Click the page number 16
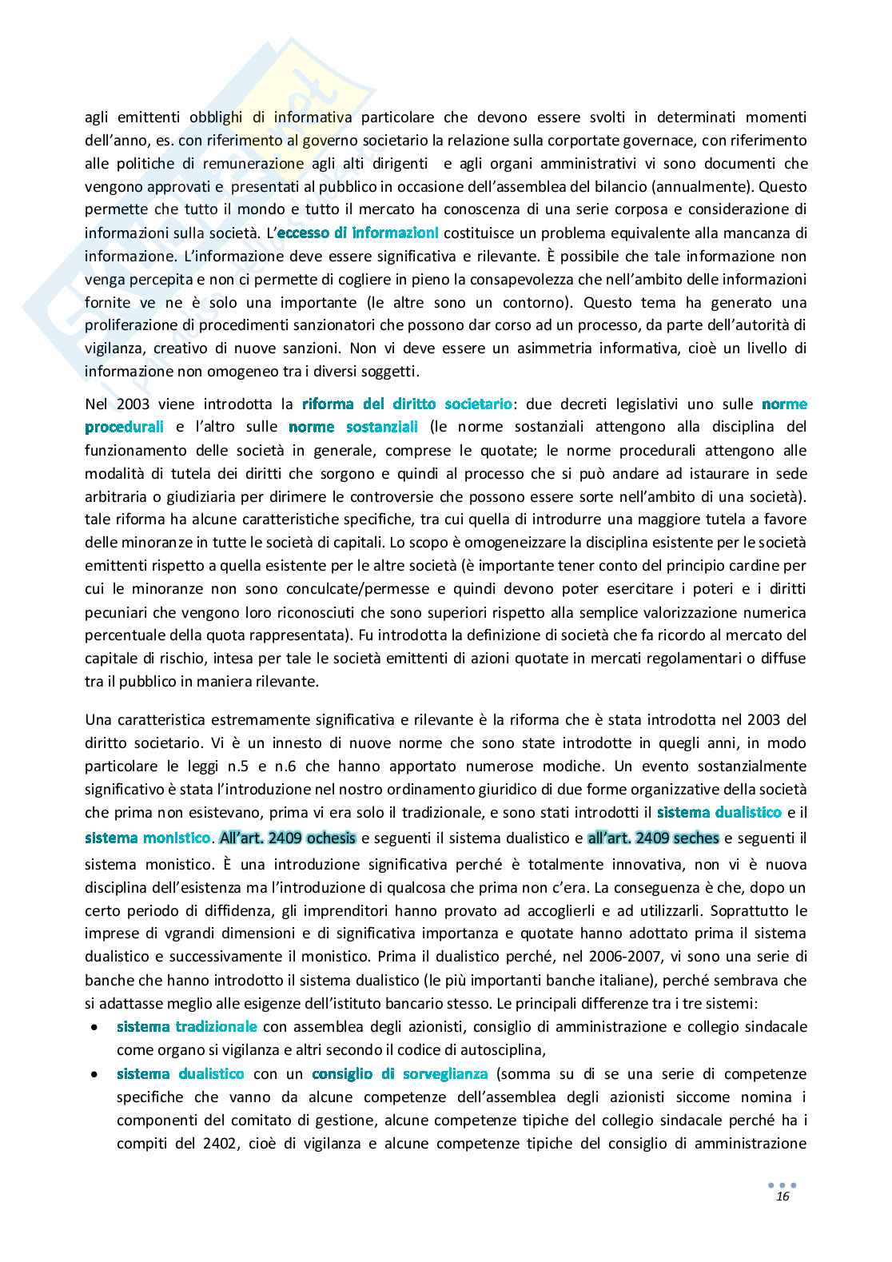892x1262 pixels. coord(782,1196)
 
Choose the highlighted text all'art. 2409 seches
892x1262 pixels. coord(653,838)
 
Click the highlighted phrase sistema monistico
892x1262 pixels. coord(149,838)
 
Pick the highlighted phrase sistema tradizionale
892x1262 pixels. coord(187,1026)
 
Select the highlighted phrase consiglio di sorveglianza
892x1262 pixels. coord(400,1073)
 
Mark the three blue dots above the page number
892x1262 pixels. coord(782,1184)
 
